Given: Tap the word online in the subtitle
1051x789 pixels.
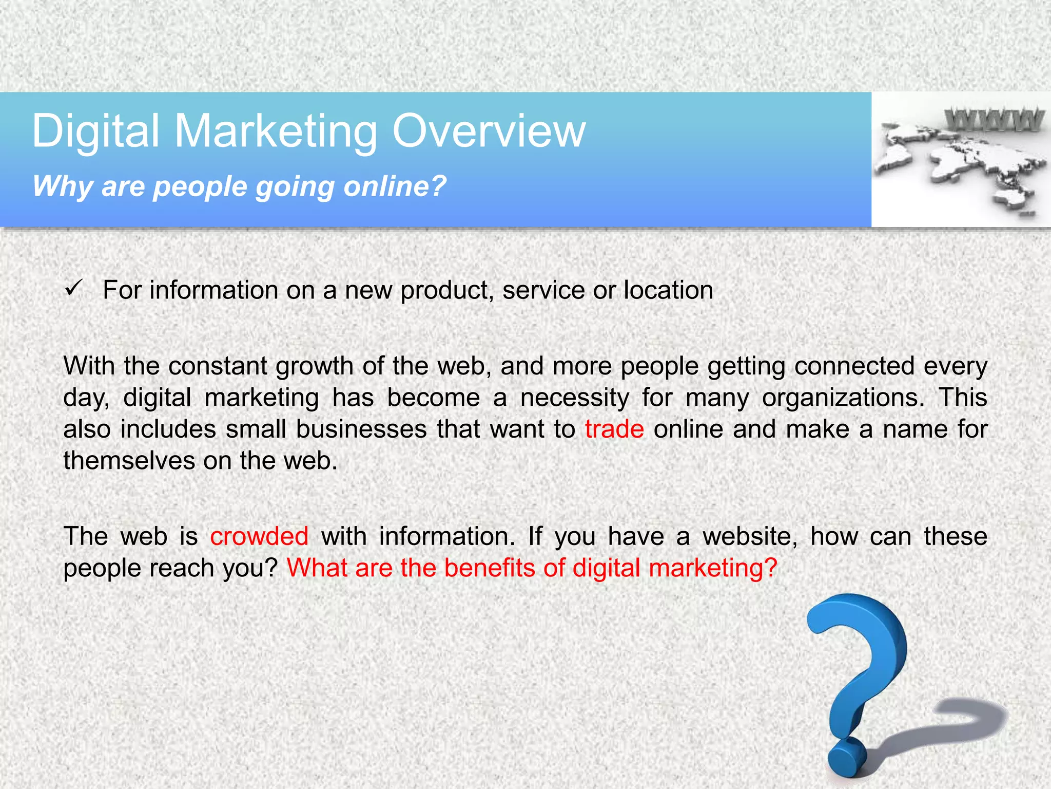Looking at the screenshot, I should click(395, 186).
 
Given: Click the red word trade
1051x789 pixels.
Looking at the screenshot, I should click(614, 429).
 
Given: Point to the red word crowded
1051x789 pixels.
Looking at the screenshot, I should click(259, 536).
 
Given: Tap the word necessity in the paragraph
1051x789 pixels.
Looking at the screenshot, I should click(575, 398).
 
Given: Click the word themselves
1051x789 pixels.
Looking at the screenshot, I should click(129, 460).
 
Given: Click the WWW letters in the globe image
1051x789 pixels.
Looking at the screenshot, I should click(994, 120).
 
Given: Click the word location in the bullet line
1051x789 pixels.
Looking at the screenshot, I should click(668, 290).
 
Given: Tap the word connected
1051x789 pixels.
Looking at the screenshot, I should click(854, 366).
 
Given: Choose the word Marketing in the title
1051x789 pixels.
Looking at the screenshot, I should click(276, 131).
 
